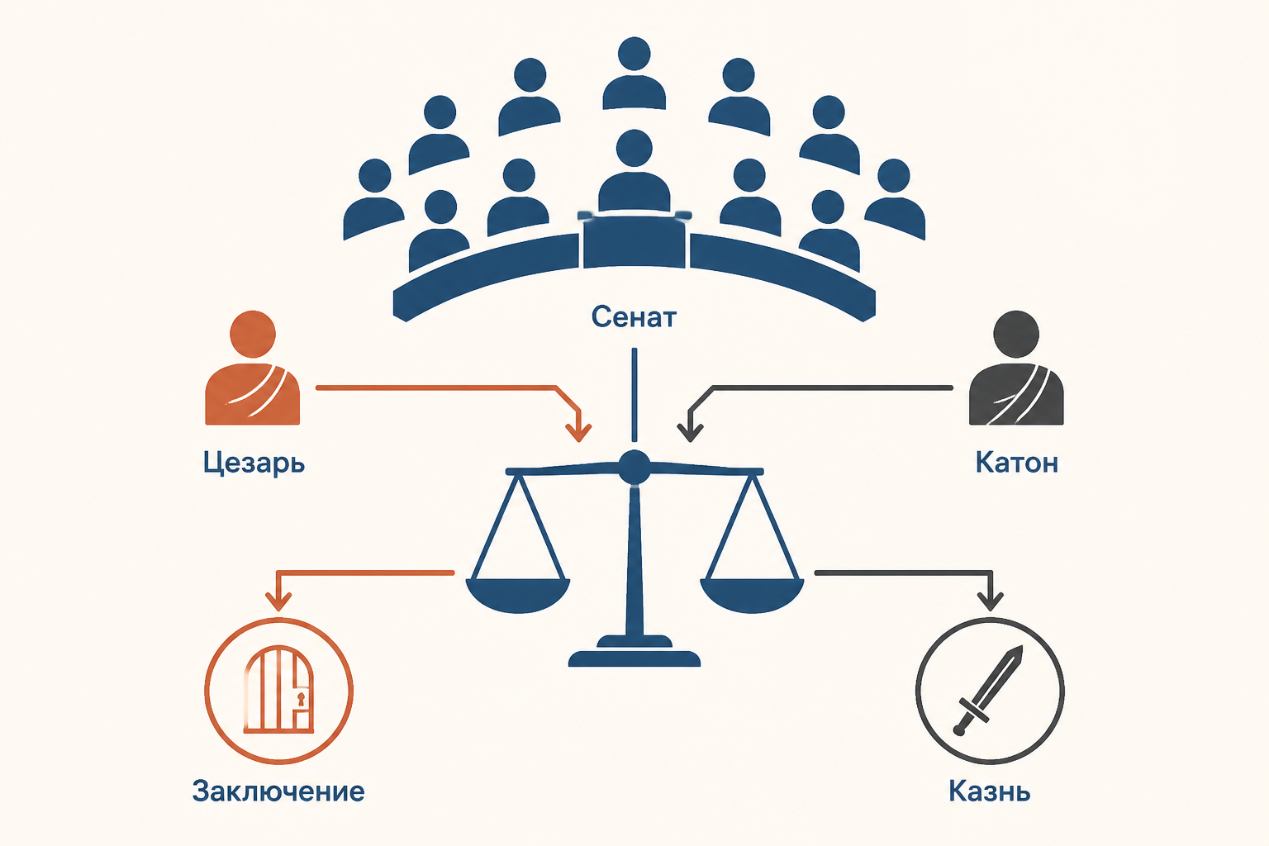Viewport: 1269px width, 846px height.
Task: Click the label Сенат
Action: point(634,316)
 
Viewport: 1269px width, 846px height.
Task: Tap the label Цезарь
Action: point(254,463)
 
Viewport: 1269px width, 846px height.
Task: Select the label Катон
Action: point(1016,463)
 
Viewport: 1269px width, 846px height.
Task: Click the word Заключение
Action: point(278,791)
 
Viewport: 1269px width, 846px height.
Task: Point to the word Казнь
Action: point(989,791)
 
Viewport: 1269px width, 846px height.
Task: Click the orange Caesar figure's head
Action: point(253,334)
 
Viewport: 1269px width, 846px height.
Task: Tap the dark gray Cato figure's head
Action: point(1016,334)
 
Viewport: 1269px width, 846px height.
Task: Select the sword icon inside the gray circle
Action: point(989,691)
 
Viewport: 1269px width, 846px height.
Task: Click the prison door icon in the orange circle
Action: point(278,689)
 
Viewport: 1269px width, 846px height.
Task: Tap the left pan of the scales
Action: point(518,594)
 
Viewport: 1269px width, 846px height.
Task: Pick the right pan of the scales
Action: point(752,594)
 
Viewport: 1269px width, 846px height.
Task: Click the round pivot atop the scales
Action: point(634,467)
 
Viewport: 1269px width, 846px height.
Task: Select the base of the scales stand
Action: point(634,658)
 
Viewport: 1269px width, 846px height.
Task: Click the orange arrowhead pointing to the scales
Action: point(578,433)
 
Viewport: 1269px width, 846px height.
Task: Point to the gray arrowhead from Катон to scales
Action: point(690,433)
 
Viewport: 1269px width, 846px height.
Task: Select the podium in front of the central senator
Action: point(634,240)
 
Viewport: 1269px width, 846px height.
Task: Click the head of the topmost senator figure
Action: point(634,54)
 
